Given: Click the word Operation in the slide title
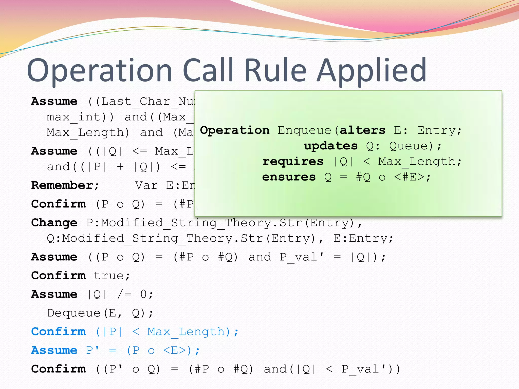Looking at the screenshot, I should pos(100,71).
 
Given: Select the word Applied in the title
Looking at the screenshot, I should pos(372,71).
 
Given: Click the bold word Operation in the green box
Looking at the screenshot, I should pos(235,130).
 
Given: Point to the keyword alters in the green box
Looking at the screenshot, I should pos(362,130).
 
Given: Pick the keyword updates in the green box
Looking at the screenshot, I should pos(331,146).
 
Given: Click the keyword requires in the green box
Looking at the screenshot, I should pos(293,162).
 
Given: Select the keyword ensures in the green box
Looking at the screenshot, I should pos(289,177).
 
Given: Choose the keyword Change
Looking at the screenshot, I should pos(54,223).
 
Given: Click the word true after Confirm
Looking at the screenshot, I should pos(112,276).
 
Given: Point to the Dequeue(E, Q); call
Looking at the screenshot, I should pos(100,313).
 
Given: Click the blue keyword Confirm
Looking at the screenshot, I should pos(58,332).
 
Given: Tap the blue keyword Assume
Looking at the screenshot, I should pos(54,351).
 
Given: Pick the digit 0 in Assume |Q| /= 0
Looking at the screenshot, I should pos(143,294).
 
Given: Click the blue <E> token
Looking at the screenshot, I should pos(175,351).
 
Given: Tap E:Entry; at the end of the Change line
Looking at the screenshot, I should pos(363,239).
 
